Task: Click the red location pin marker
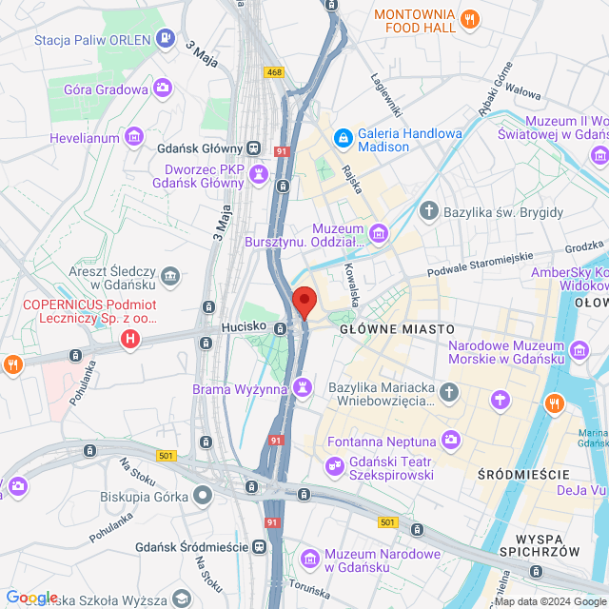(304, 302)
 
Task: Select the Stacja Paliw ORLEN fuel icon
(167, 39)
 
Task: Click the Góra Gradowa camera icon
(164, 88)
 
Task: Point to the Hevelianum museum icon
(134, 137)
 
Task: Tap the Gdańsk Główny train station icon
(253, 147)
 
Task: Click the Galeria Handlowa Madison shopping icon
(342, 139)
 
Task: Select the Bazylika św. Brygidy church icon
(429, 210)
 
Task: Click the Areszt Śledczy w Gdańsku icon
(170, 277)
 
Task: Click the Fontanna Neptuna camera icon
(450, 441)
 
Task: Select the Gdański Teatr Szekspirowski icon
(333, 465)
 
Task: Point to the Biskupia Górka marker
(202, 495)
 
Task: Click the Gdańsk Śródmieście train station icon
(258, 546)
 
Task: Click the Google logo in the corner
(31, 597)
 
